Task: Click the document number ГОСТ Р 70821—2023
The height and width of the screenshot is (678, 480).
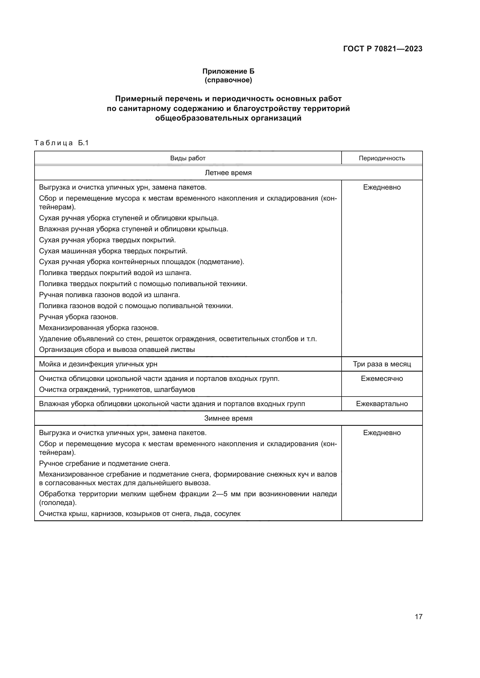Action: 382,49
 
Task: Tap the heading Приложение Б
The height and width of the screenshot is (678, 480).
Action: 228,71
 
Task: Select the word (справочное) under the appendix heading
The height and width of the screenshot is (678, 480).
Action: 228,80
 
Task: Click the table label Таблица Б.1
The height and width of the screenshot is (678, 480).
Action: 62,143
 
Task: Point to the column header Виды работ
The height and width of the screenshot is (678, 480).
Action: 188,158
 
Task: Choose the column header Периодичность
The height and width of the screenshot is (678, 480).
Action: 382,158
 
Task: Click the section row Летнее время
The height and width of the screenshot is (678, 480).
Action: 228,173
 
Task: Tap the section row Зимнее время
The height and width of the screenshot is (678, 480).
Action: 228,419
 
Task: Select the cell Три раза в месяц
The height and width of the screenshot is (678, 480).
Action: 382,364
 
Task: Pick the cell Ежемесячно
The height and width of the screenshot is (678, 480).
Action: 382,379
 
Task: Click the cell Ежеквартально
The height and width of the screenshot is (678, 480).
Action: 382,404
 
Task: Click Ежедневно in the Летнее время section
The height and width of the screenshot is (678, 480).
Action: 382,187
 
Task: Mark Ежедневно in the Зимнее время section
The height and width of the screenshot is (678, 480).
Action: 382,433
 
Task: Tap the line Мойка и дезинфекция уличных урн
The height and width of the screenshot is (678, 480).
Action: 98,364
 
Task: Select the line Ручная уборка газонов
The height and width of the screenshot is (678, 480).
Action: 79,317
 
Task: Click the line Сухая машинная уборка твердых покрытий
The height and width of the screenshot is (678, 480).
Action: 113,251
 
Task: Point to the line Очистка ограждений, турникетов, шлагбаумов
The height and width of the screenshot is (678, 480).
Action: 117,390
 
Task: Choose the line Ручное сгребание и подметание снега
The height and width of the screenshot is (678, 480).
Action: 105,463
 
